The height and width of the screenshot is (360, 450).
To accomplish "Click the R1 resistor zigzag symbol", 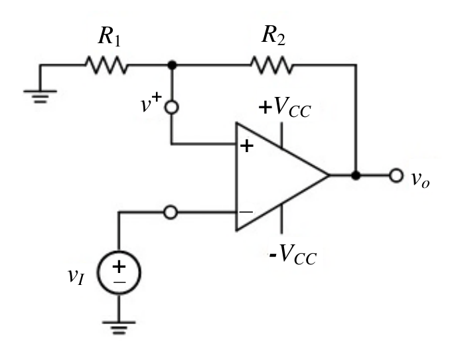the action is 106,65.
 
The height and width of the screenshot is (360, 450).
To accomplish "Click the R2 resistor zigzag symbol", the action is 272,65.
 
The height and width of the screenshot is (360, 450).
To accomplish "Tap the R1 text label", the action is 110,37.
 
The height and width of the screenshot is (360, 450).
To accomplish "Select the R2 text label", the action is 273,36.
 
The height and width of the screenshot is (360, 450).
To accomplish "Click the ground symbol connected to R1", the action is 40,96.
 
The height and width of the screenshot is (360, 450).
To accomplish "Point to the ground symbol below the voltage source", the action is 119,328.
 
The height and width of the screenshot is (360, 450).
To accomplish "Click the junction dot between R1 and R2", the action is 172,65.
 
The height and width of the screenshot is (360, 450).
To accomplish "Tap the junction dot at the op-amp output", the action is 356,175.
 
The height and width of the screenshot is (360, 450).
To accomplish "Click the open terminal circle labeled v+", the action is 172,108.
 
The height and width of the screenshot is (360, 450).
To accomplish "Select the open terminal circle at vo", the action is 396,175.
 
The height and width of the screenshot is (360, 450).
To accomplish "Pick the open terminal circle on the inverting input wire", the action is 171,213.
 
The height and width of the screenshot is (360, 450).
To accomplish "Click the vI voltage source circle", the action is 119,272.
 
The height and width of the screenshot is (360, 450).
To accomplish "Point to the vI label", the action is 76,276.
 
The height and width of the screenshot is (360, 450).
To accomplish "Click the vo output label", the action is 420,180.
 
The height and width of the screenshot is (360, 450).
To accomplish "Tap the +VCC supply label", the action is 285,107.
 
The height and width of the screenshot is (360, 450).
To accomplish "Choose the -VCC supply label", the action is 293,254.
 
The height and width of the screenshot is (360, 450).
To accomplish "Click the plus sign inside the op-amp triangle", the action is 247,146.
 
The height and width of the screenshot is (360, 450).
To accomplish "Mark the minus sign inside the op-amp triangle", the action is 246,213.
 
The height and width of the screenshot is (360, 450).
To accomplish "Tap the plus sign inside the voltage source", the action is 119,266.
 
